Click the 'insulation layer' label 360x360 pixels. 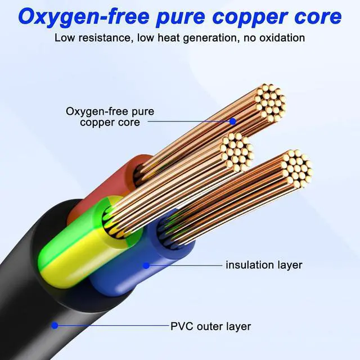264,264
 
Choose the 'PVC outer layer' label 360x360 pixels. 210,326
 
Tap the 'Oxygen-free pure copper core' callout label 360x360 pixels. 110,116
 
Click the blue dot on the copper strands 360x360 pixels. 232,120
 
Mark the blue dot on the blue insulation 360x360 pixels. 146,265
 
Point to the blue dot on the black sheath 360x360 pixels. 55,325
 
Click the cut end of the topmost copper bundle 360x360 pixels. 270,102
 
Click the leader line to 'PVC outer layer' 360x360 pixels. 112,325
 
